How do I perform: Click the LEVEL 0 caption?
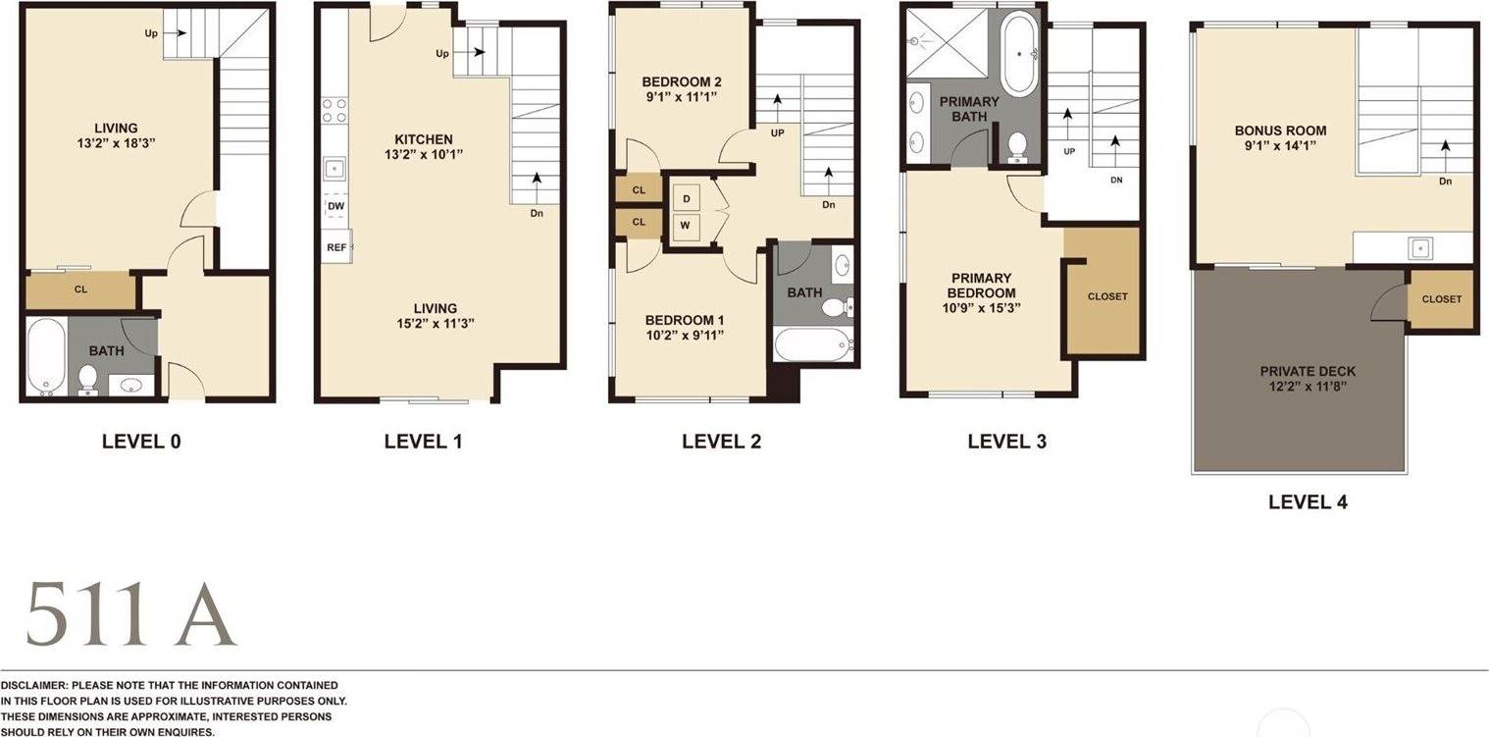coord(141,441)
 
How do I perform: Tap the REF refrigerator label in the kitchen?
coord(336,247)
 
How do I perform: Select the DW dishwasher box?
coord(336,206)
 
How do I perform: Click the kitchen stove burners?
coord(335,111)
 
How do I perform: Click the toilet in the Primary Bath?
coord(1017,147)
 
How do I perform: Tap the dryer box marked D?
coord(687,199)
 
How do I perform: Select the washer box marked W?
coord(686,226)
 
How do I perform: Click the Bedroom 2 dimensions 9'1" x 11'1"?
coord(682,97)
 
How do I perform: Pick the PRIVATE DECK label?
coord(1308,371)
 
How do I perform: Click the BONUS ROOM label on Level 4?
coord(1280,131)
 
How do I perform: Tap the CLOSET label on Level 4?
coord(1442,299)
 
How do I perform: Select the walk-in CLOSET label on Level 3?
coord(1107,296)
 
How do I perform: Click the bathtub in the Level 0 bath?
coord(46,356)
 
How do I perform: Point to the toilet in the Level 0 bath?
coord(87,380)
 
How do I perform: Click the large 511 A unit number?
coord(131,614)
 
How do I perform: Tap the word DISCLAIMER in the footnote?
coord(34,685)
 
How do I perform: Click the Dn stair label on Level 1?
coord(537,214)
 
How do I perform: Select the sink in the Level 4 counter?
coord(1420,248)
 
